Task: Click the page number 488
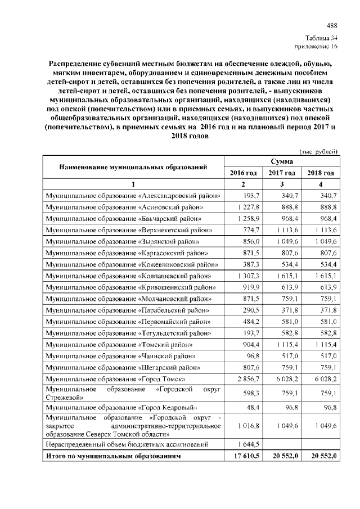click(x=332, y=25)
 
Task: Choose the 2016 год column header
click(x=244, y=173)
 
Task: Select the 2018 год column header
click(x=321, y=173)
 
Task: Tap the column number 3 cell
click(x=282, y=184)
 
